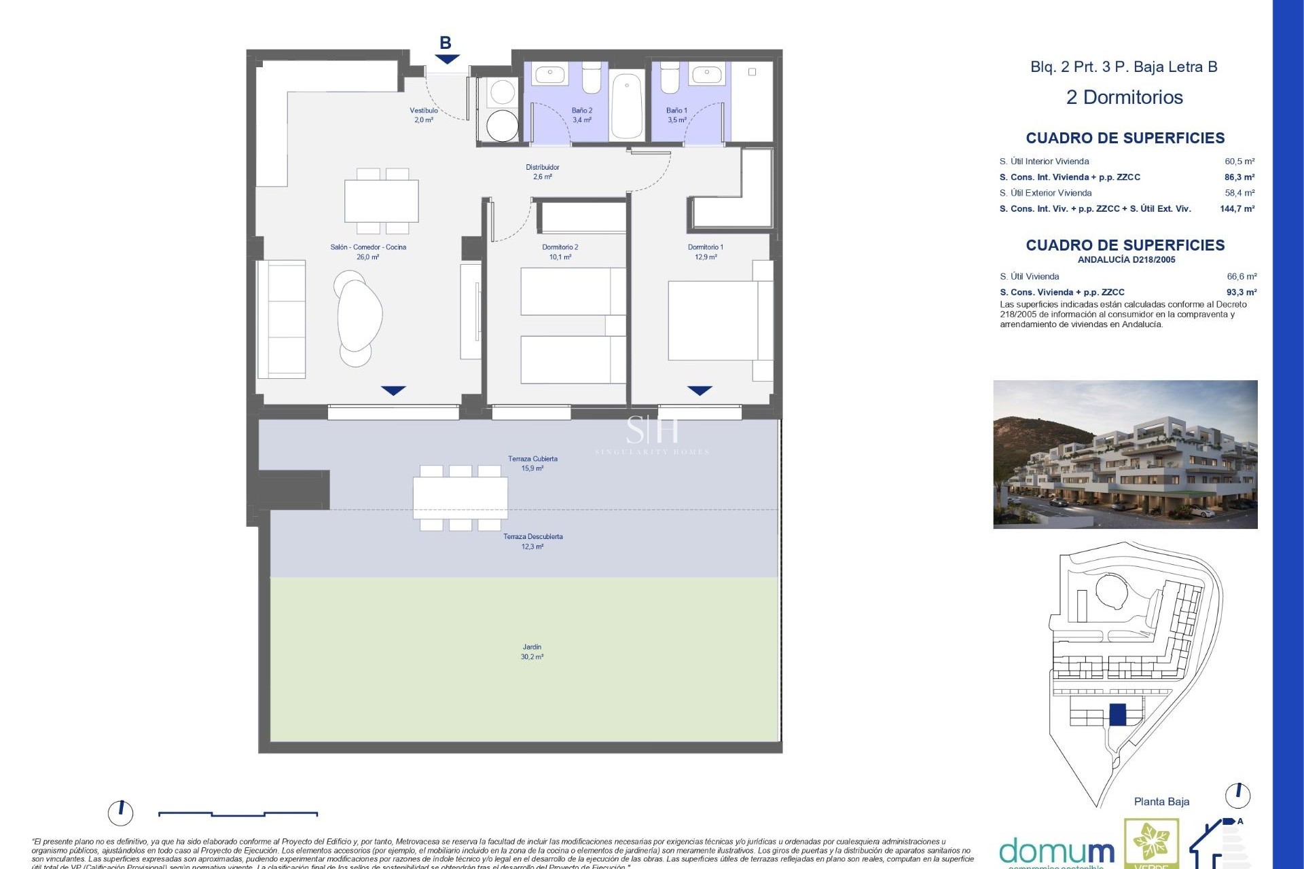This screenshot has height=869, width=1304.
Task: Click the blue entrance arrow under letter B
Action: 447,60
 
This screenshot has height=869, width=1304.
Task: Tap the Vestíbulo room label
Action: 424,111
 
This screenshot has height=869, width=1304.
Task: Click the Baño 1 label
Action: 676,111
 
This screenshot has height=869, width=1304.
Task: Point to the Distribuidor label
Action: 542,167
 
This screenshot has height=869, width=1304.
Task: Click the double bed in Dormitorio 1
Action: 713,320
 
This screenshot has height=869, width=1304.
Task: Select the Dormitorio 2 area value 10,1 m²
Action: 560,257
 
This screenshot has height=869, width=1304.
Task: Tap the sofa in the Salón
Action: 281,319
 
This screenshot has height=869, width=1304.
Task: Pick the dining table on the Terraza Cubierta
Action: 460,498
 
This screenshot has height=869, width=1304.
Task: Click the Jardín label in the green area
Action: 532,647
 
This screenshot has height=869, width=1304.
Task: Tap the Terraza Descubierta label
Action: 532,536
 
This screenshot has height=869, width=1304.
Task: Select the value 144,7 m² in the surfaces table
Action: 1237,209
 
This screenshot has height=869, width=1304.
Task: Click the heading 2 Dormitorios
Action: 1124,97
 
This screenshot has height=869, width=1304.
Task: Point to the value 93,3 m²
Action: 1241,293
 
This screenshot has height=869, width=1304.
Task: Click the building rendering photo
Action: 1125,454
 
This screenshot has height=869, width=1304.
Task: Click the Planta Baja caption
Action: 1161,802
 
